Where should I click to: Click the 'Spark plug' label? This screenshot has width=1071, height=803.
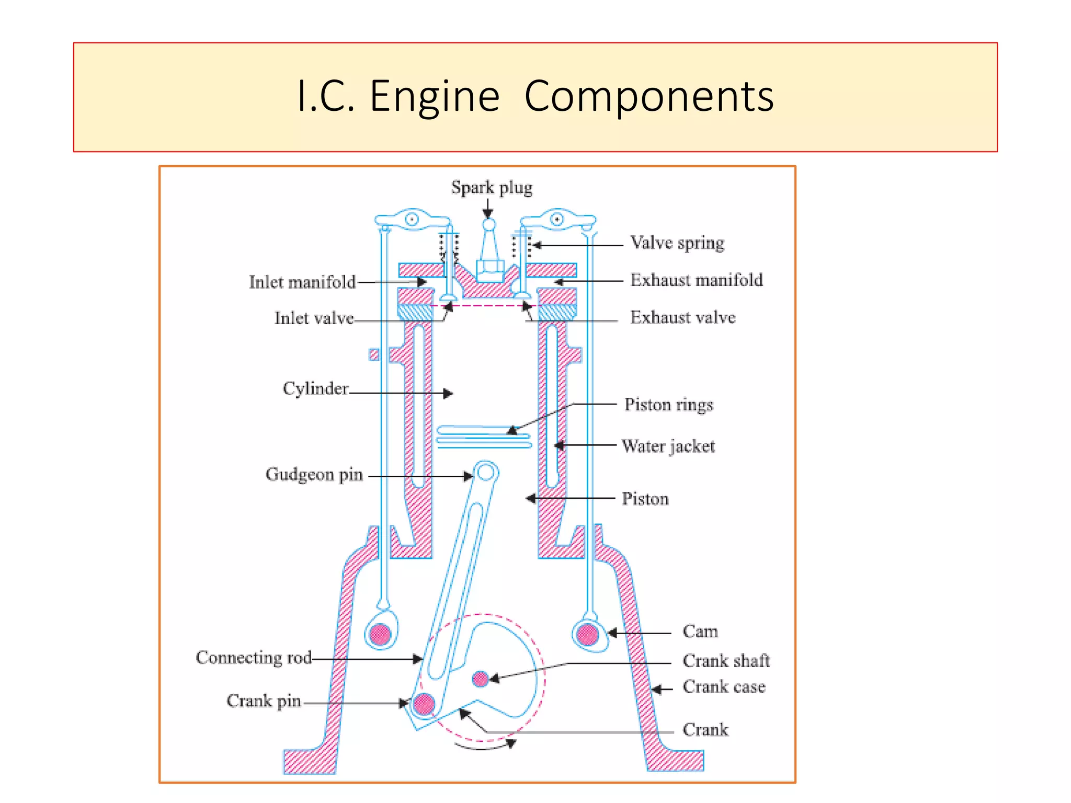click(x=492, y=188)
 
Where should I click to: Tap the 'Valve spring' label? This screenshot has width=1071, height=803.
click(x=677, y=243)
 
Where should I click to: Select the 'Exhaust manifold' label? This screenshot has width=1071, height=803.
click(x=696, y=280)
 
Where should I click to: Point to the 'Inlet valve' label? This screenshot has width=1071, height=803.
click(x=314, y=318)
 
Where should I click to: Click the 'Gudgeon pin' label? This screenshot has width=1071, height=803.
click(x=314, y=474)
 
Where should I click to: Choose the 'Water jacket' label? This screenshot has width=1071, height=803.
click(x=668, y=446)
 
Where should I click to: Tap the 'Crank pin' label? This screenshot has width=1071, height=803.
click(x=264, y=701)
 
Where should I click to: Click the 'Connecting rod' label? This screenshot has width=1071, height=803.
click(x=254, y=657)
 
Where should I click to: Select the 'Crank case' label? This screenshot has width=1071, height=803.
click(x=724, y=686)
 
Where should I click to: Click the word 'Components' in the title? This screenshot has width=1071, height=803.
click(x=648, y=96)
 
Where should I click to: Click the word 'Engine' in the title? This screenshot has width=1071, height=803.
click(x=435, y=96)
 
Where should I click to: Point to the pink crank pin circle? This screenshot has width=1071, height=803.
click(x=424, y=704)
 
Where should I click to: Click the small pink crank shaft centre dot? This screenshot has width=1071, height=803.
click(x=480, y=679)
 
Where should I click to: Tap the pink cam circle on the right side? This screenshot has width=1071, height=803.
click(x=587, y=634)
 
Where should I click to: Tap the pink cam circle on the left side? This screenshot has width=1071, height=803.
click(x=380, y=635)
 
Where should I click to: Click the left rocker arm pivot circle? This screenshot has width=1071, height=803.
click(x=412, y=219)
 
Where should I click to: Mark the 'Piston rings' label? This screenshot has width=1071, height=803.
click(x=668, y=405)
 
